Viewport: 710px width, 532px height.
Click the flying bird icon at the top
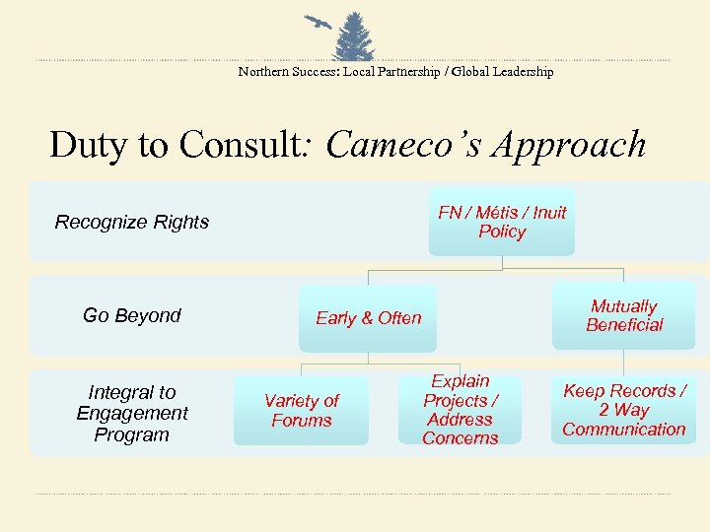(x=318, y=23)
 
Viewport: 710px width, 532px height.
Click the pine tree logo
(x=356, y=37)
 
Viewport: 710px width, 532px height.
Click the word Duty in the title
(x=89, y=145)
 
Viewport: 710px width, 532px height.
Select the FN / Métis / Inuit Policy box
(x=502, y=222)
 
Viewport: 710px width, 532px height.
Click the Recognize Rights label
(x=132, y=222)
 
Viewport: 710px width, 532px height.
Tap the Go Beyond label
(x=132, y=315)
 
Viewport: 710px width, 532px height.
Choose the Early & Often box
(x=368, y=318)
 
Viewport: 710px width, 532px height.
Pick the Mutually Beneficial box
(x=623, y=316)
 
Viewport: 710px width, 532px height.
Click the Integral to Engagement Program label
(x=132, y=414)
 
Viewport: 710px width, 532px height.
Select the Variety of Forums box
(x=301, y=411)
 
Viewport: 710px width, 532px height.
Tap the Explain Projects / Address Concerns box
(x=461, y=410)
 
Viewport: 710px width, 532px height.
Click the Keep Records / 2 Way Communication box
(x=623, y=410)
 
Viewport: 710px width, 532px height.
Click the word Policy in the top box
(x=502, y=232)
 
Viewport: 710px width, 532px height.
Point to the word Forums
(x=301, y=421)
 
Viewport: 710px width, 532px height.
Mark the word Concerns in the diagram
(x=461, y=438)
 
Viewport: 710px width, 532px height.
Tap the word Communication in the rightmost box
(x=623, y=429)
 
